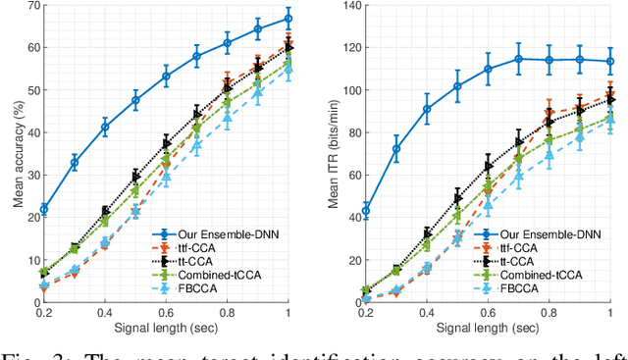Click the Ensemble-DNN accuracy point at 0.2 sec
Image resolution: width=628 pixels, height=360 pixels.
43,209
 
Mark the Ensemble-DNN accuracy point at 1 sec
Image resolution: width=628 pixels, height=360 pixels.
288,19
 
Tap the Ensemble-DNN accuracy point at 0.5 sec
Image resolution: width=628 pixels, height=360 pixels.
135,100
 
